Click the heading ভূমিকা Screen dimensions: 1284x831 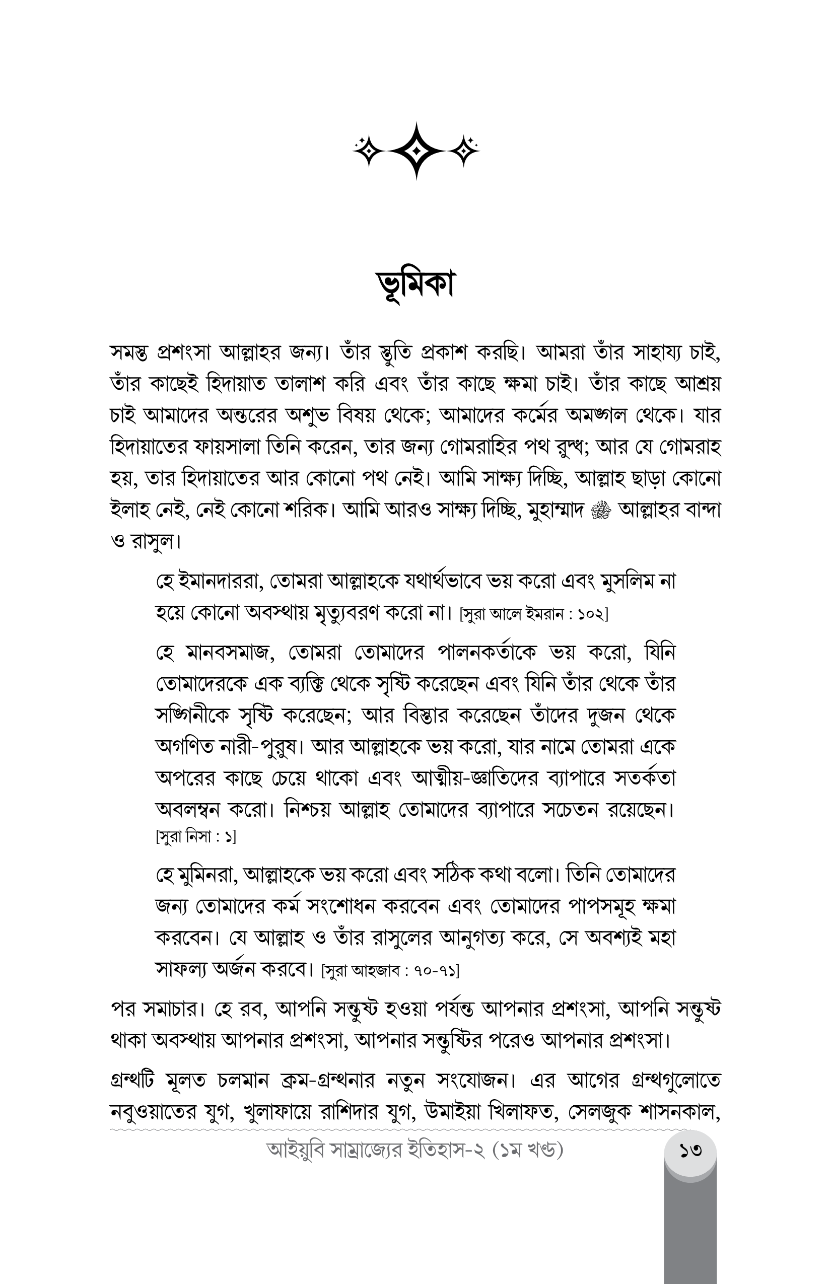click(x=415, y=285)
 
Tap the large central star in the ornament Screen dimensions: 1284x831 click(x=416, y=151)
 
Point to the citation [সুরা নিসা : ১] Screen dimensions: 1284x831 click(x=195, y=837)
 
